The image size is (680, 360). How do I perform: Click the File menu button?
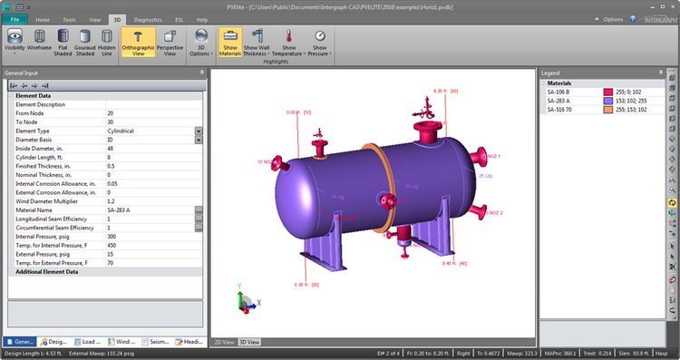click(15, 18)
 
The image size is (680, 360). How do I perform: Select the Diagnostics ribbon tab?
click(147, 18)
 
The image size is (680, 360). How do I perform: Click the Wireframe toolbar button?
click(39, 42)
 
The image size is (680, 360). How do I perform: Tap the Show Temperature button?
click(289, 42)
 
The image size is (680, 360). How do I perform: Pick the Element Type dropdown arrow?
click(199, 131)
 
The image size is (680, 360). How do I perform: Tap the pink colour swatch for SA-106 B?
click(609, 92)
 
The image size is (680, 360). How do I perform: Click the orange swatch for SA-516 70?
click(609, 109)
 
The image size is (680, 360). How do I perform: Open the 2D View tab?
click(223, 342)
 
